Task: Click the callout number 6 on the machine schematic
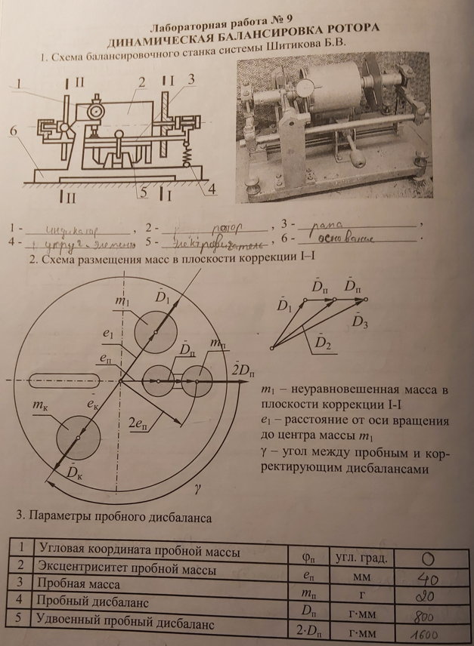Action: [x=13, y=131]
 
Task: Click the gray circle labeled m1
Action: [x=154, y=331]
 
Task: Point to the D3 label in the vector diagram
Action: [x=361, y=321]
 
